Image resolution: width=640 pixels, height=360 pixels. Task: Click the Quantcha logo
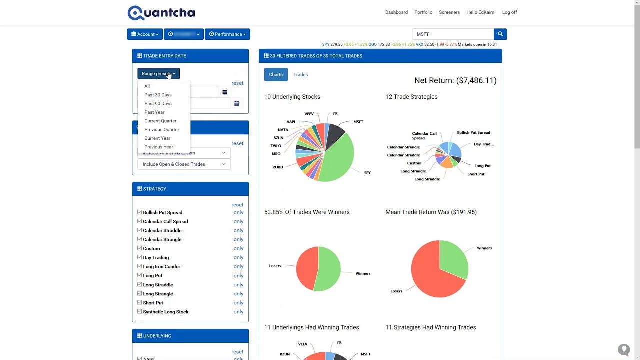(161, 13)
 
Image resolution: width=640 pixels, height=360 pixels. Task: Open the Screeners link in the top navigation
(449, 12)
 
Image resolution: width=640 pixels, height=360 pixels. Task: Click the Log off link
(509, 12)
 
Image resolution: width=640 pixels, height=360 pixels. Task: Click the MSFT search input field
(453, 34)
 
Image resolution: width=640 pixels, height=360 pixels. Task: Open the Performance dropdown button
(227, 34)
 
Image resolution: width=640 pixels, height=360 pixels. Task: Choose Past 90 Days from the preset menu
(158, 104)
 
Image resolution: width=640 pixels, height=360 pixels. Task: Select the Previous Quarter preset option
(161, 130)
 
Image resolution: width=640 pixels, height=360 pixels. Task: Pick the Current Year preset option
(157, 138)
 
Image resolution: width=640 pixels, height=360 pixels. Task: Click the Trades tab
(300, 75)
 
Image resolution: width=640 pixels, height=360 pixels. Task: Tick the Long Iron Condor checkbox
(140, 266)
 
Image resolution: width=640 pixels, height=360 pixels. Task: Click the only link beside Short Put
(238, 303)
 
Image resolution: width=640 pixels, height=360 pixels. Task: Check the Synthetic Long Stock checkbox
(140, 312)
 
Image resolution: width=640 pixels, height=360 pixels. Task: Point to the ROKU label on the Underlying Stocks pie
(278, 167)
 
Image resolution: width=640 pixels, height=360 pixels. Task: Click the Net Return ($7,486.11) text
(455, 80)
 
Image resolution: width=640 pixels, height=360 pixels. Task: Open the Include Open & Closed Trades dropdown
(184, 164)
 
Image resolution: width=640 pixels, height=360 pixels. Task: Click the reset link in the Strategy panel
(237, 205)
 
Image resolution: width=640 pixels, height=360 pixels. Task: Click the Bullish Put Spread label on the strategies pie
(473, 133)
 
